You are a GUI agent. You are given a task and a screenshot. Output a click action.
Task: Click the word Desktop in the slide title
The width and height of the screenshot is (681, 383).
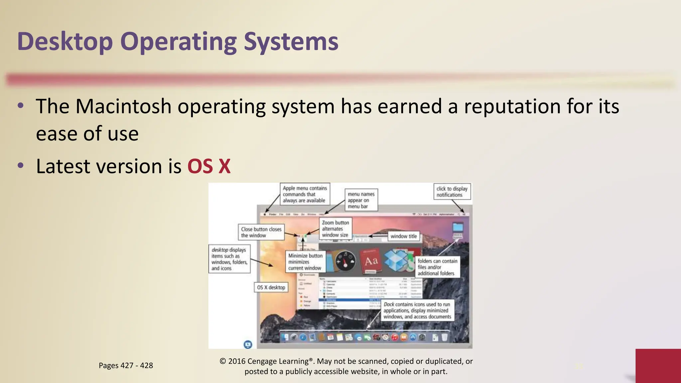click(65, 42)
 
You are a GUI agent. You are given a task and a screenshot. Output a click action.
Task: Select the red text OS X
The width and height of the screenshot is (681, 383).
click(209, 166)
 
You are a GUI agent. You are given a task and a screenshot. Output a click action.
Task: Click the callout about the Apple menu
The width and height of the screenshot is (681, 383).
click(305, 194)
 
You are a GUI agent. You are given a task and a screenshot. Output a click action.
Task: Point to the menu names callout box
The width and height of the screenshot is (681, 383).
click(361, 200)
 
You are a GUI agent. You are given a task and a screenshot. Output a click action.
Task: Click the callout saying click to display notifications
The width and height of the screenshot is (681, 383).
click(452, 192)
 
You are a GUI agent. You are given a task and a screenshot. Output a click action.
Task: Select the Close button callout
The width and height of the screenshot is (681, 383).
click(261, 232)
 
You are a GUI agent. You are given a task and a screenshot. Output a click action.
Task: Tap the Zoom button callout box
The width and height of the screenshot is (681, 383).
click(335, 229)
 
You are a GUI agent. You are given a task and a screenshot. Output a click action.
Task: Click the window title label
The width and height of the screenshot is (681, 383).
click(403, 236)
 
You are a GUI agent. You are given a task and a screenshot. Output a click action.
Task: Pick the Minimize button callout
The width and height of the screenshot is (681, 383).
click(305, 262)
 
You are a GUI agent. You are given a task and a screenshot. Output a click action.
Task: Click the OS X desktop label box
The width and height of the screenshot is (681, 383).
click(271, 287)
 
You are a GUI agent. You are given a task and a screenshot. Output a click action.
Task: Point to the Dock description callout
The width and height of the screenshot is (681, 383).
click(417, 310)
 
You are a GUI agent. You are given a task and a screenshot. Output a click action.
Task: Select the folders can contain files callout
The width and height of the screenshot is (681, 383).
click(437, 267)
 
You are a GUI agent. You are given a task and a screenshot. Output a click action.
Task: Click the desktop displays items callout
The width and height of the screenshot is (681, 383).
click(229, 259)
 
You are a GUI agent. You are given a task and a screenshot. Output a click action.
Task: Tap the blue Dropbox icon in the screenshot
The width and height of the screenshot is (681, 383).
click(396, 260)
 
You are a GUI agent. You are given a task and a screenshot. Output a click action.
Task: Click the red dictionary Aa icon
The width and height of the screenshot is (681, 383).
click(371, 261)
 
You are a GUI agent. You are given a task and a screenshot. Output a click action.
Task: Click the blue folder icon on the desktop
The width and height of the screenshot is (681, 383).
click(458, 227)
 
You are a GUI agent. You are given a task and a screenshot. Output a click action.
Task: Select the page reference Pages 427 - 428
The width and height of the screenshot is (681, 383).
click(126, 365)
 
